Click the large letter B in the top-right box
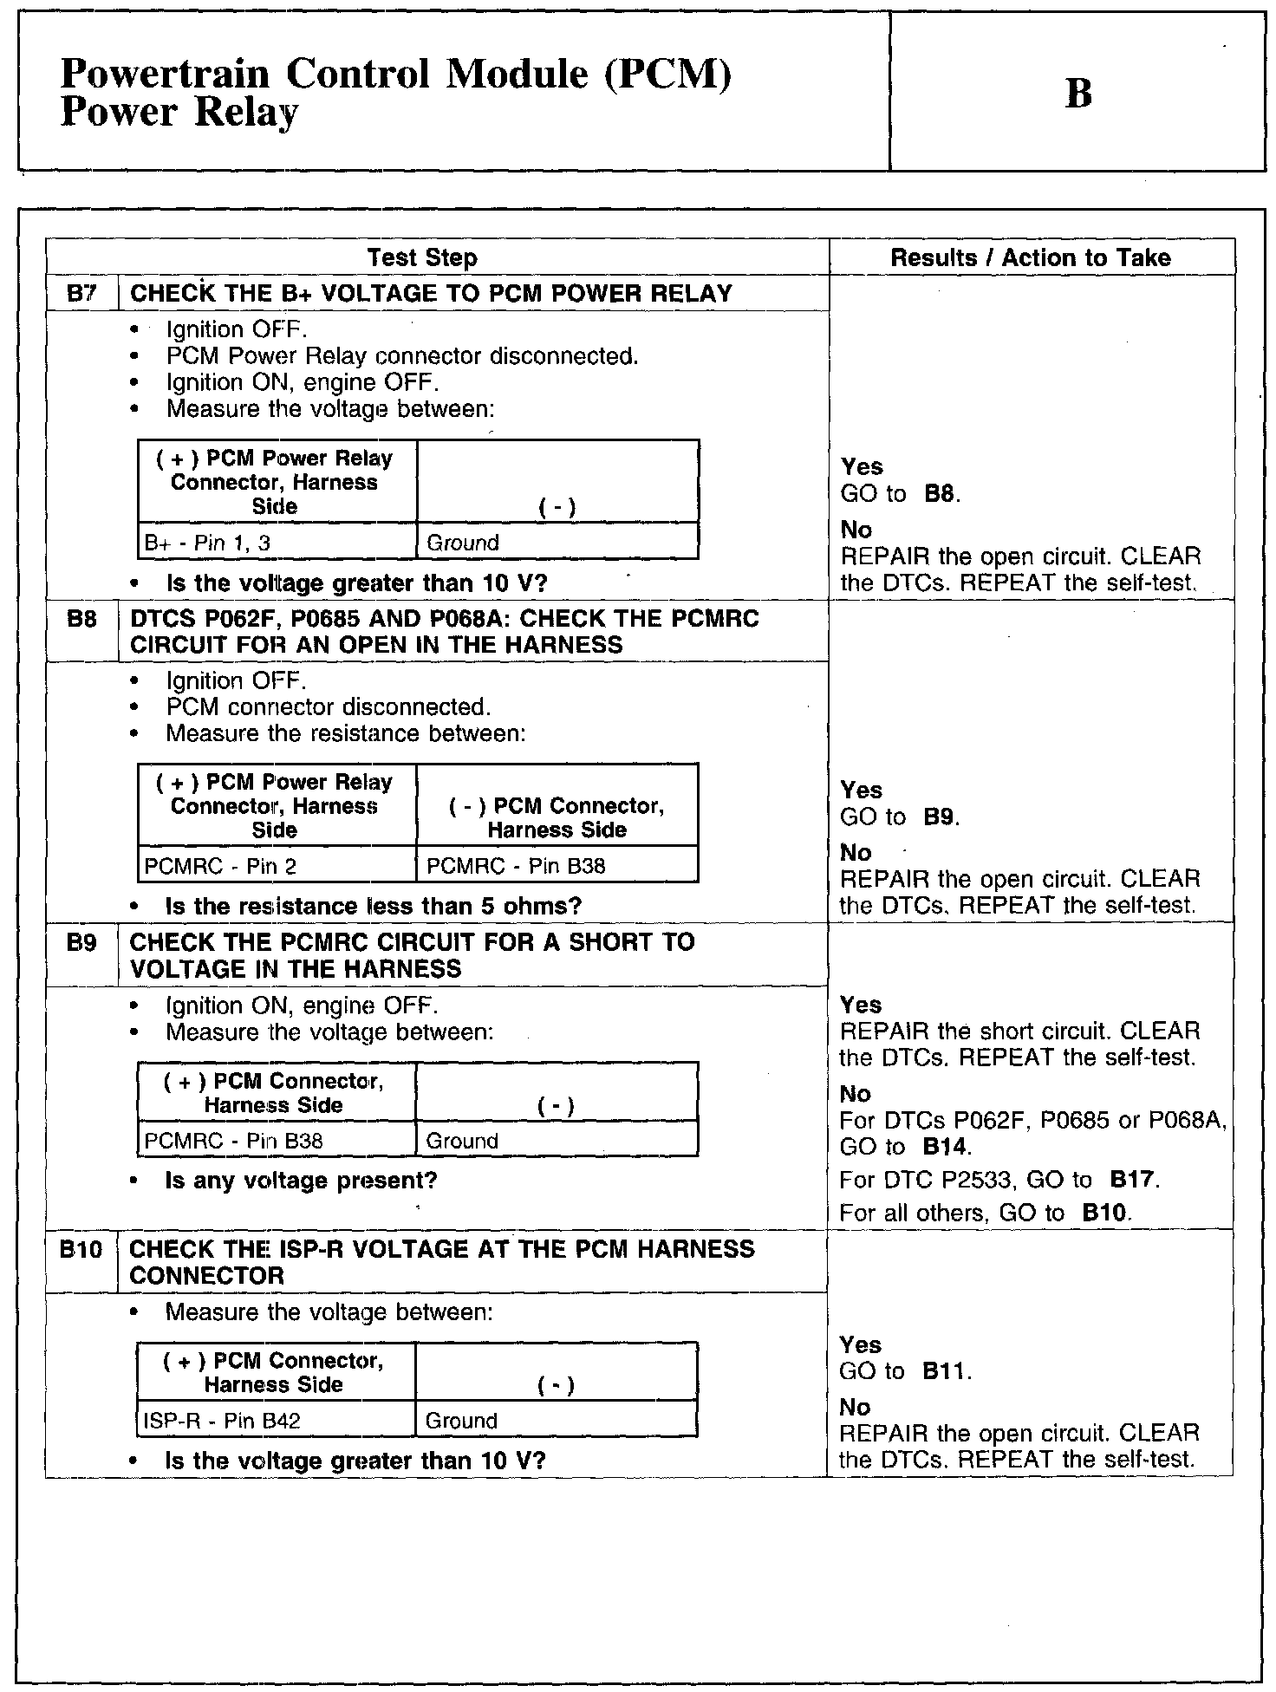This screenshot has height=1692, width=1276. [1077, 94]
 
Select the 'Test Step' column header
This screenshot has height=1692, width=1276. [421, 257]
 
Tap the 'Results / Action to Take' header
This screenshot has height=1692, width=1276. [1031, 257]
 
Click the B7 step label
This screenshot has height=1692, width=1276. [81, 293]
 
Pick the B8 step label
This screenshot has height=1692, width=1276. [81, 619]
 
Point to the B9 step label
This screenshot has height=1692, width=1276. [81, 942]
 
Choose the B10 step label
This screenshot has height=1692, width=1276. [81, 1249]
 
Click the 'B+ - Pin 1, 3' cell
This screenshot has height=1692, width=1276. [196, 543]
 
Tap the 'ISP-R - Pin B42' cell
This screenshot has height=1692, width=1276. [223, 1421]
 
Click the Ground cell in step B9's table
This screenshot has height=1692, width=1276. [462, 1141]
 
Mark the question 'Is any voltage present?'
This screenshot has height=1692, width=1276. [301, 1181]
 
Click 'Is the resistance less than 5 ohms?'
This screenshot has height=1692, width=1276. [373, 907]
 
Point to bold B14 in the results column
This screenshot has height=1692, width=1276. [945, 1147]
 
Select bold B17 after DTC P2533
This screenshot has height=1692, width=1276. [1132, 1180]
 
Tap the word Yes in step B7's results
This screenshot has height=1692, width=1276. [862, 467]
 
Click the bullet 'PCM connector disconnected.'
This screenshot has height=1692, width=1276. [328, 707]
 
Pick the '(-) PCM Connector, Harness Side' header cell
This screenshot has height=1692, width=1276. [557, 818]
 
